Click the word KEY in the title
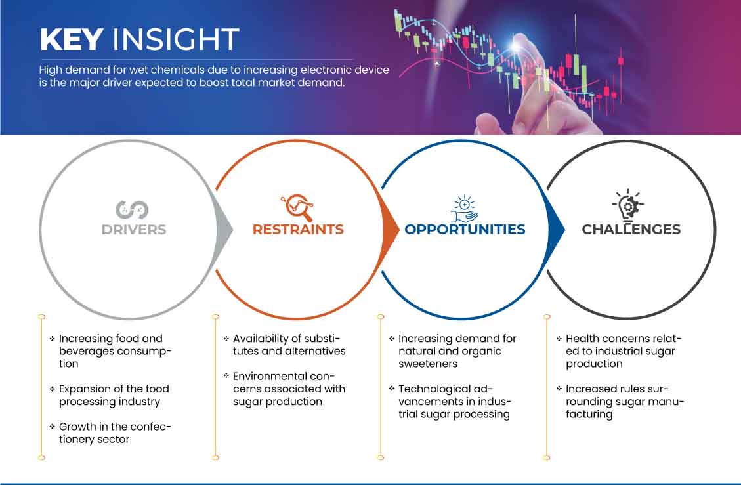coord(72,39)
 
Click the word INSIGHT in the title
coord(176,39)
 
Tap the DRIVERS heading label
coord(134,230)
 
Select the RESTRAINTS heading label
coord(298,230)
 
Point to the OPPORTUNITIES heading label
coord(465,230)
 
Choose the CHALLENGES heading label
coord(631,230)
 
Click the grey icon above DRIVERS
coord(133,210)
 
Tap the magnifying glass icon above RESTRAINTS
coord(298,207)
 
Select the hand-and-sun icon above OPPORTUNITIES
coord(465,209)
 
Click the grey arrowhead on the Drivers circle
coord(224,230)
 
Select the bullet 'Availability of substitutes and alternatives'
coord(285,345)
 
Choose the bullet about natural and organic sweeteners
coord(454,351)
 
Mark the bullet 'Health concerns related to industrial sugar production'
coord(620,351)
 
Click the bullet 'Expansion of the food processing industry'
coord(110,395)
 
